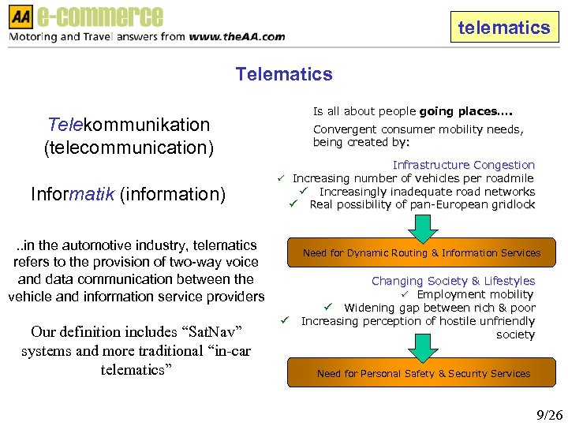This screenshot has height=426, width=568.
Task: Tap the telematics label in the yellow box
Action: pyautogui.click(x=503, y=28)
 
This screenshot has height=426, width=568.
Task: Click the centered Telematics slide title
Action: pyautogui.click(x=284, y=75)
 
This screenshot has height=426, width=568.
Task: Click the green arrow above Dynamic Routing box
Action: pyautogui.click(x=424, y=227)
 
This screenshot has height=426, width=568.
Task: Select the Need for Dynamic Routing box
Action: pyautogui.click(x=421, y=253)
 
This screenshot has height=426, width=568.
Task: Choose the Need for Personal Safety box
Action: pyautogui.click(x=423, y=373)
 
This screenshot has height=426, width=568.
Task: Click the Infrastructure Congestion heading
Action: pyautogui.click(x=464, y=165)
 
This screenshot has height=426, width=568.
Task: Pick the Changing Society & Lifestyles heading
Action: pyautogui.click(x=453, y=281)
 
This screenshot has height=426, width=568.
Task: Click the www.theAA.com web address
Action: pyautogui.click(x=237, y=36)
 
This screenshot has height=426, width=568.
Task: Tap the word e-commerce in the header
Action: pyautogui.click(x=100, y=16)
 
